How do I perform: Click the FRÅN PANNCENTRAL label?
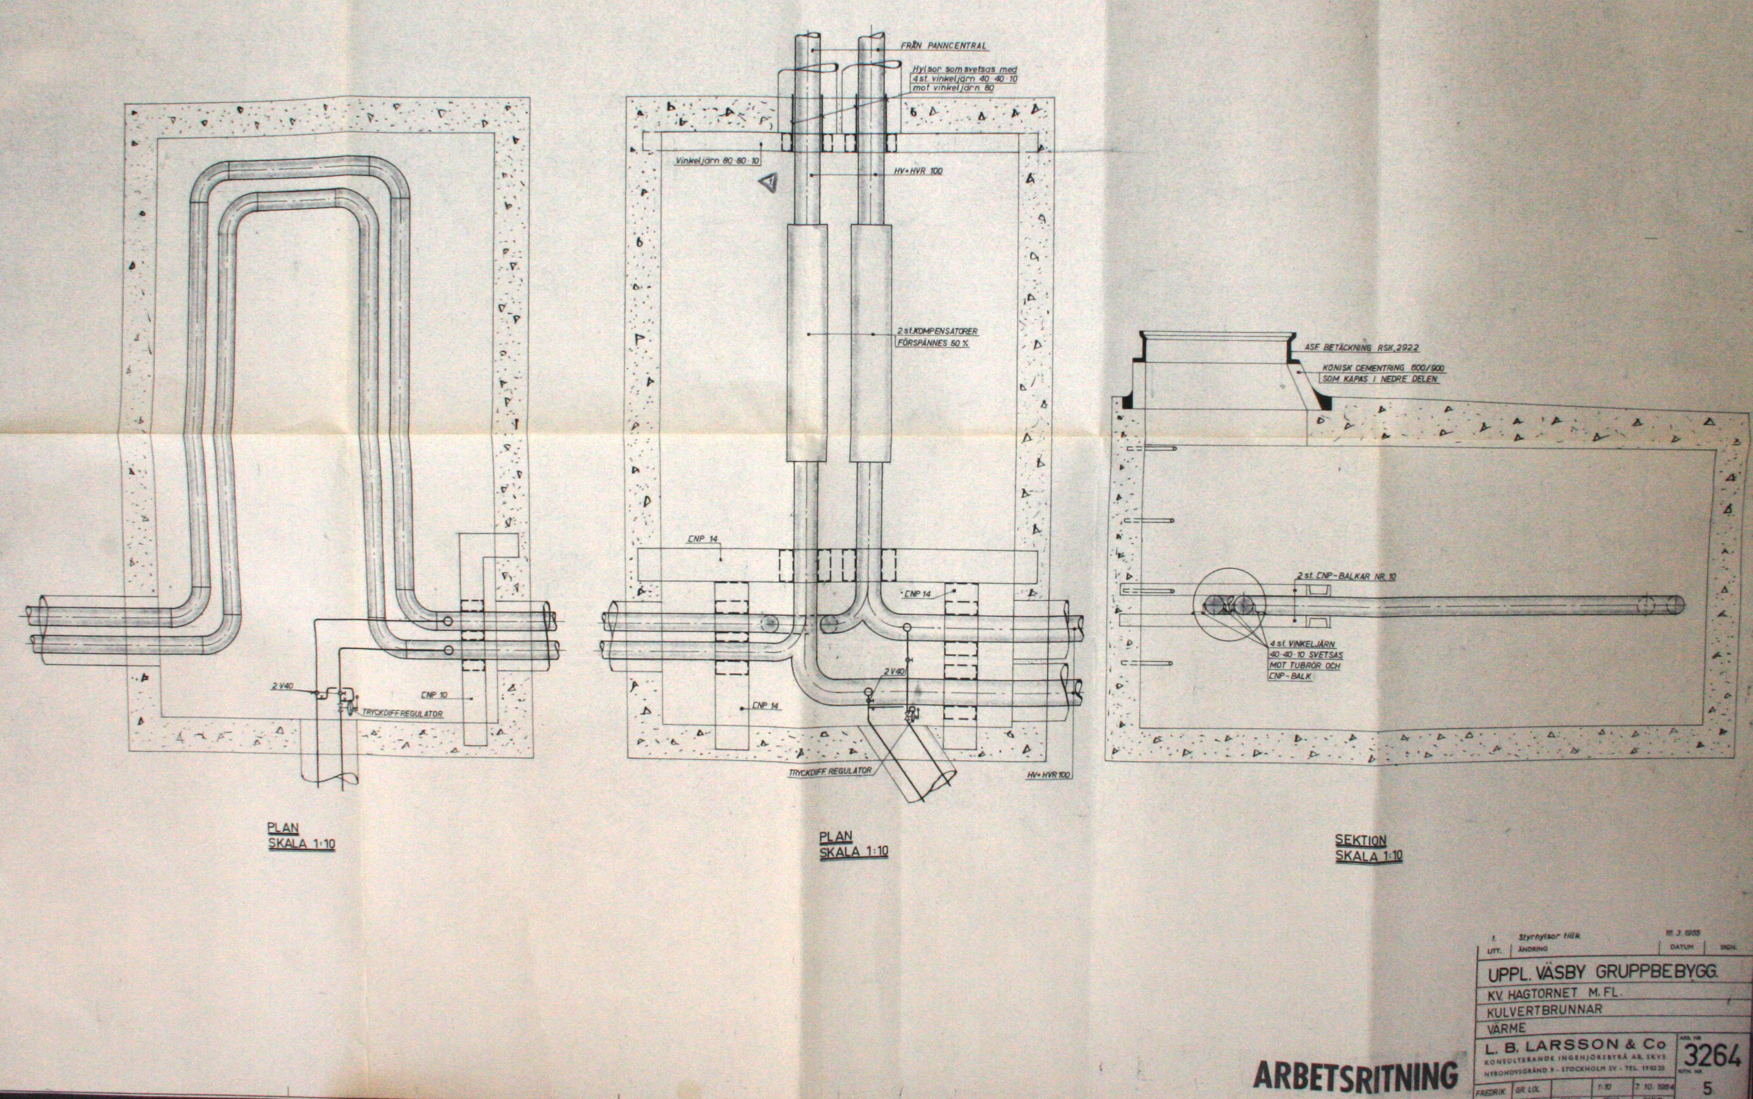pyautogui.click(x=943, y=46)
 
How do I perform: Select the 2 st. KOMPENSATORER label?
pyautogui.click(x=938, y=331)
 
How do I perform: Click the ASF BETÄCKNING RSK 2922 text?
pyautogui.click(x=1356, y=347)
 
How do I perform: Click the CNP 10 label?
pyautogui.click(x=434, y=694)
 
